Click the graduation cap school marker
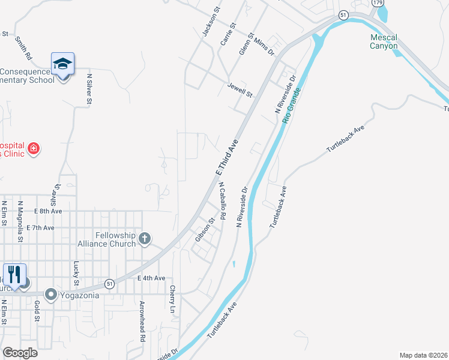coord(62,63)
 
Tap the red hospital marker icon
coord(34,148)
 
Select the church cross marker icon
coord(144,239)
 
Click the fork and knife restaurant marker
coord(14,275)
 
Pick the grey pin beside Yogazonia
coord(52,295)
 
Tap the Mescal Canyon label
coord(383,41)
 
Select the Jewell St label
coord(240,91)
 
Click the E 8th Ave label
coord(48,211)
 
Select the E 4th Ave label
coord(151,278)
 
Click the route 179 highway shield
coord(378,3)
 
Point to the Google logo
coord(20,353)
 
